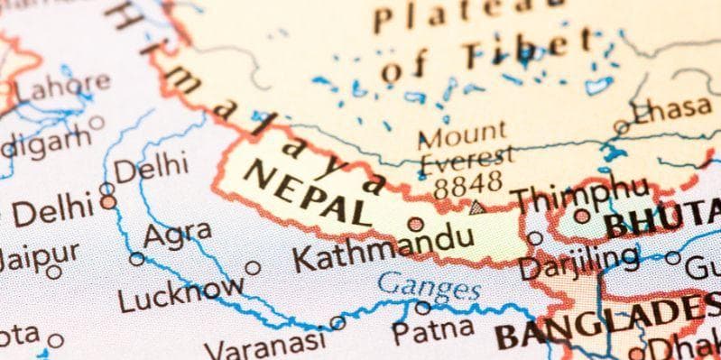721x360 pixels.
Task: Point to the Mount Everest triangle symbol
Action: click(x=477, y=208)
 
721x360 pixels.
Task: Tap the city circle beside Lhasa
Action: click(x=622, y=128)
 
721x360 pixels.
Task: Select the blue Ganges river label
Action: click(x=429, y=289)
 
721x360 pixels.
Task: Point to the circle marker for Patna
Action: click(x=422, y=306)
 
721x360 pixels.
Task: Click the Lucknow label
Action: click(x=180, y=293)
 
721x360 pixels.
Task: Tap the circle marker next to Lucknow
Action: click(x=253, y=268)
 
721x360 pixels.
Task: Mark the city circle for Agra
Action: click(x=137, y=259)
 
